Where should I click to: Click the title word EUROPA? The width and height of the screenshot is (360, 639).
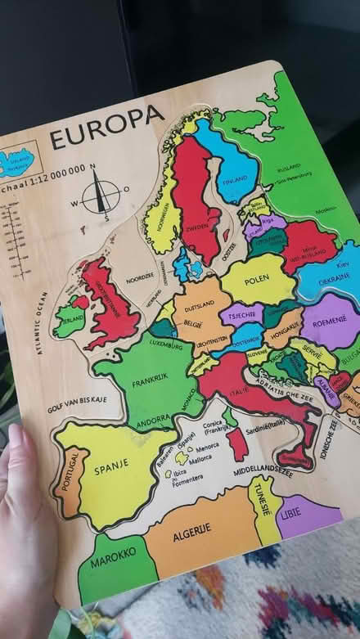pyautogui.click(x=106, y=127)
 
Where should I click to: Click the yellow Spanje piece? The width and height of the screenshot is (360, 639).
pyautogui.click(x=115, y=470)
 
